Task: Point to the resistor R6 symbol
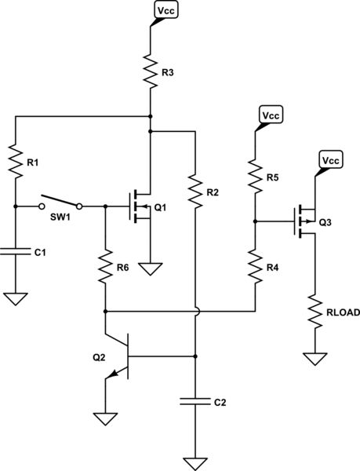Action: coord(104,268)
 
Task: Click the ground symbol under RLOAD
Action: coord(315,359)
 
